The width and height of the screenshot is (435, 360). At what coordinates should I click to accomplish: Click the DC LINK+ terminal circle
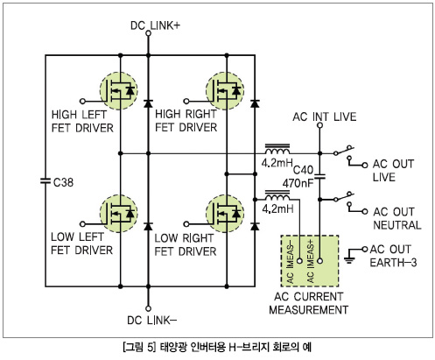coord(148,33)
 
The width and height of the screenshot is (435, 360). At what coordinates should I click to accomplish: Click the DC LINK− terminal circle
coord(148,308)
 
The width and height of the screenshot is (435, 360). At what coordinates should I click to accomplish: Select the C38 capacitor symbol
coord(46,181)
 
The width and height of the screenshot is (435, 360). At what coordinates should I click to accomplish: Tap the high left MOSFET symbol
coord(119,91)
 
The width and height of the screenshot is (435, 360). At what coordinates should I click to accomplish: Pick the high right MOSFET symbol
coord(225,91)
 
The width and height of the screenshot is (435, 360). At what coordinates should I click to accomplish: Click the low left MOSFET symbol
coord(119,214)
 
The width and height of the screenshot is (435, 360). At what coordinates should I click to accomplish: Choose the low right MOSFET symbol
coord(225,214)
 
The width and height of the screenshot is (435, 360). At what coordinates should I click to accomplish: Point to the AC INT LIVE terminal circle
coord(319,125)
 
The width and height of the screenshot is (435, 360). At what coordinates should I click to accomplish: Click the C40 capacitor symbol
coord(319,176)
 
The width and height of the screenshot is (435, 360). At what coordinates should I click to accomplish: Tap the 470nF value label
coord(298,183)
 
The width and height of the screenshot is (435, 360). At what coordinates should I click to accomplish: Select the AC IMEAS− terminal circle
coord(299,261)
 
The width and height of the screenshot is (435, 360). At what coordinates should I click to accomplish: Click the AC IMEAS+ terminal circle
coord(319,261)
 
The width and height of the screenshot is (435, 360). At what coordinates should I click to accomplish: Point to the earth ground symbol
coord(349,260)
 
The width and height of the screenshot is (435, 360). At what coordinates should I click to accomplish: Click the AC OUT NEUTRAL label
coord(396,218)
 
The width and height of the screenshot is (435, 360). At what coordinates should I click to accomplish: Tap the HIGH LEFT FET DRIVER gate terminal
coord(82,102)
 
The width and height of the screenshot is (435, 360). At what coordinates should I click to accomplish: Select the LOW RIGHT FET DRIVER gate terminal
coord(186,224)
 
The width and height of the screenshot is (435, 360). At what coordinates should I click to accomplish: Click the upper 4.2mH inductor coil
coord(277,149)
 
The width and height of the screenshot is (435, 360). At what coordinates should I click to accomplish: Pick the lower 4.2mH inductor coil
coord(277,196)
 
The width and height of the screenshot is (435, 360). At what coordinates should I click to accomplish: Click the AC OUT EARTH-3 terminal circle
coord(364,249)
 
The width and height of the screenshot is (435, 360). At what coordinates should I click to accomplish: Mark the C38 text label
coord(63,182)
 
